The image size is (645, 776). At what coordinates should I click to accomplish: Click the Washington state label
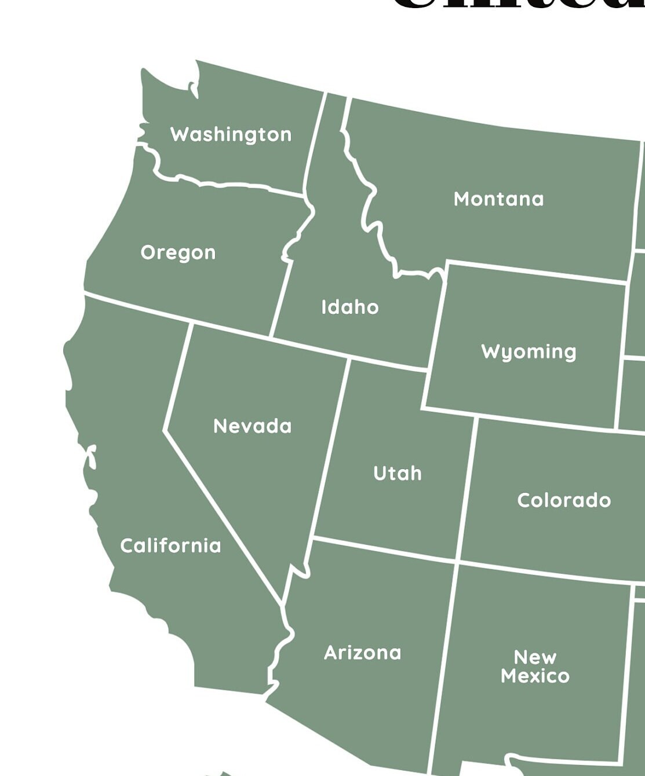click(231, 134)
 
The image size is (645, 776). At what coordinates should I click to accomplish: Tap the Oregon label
click(178, 252)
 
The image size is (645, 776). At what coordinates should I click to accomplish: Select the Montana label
click(498, 199)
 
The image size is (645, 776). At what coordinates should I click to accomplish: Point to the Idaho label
click(350, 307)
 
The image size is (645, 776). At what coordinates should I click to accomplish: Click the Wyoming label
click(529, 352)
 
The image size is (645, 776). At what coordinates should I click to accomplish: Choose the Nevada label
click(252, 426)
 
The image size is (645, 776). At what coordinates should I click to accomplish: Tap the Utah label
click(398, 473)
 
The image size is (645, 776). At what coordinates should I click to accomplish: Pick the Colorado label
click(564, 500)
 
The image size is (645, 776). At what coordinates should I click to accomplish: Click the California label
click(170, 546)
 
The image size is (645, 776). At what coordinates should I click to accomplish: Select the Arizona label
click(362, 653)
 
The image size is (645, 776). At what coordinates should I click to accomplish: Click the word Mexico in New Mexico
click(535, 676)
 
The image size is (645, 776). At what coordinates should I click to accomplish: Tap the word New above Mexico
click(535, 657)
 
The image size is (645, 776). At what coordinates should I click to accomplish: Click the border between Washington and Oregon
click(232, 185)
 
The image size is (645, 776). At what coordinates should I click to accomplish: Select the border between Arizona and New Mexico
click(443, 666)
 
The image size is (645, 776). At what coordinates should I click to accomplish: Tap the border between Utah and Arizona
click(382, 549)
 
